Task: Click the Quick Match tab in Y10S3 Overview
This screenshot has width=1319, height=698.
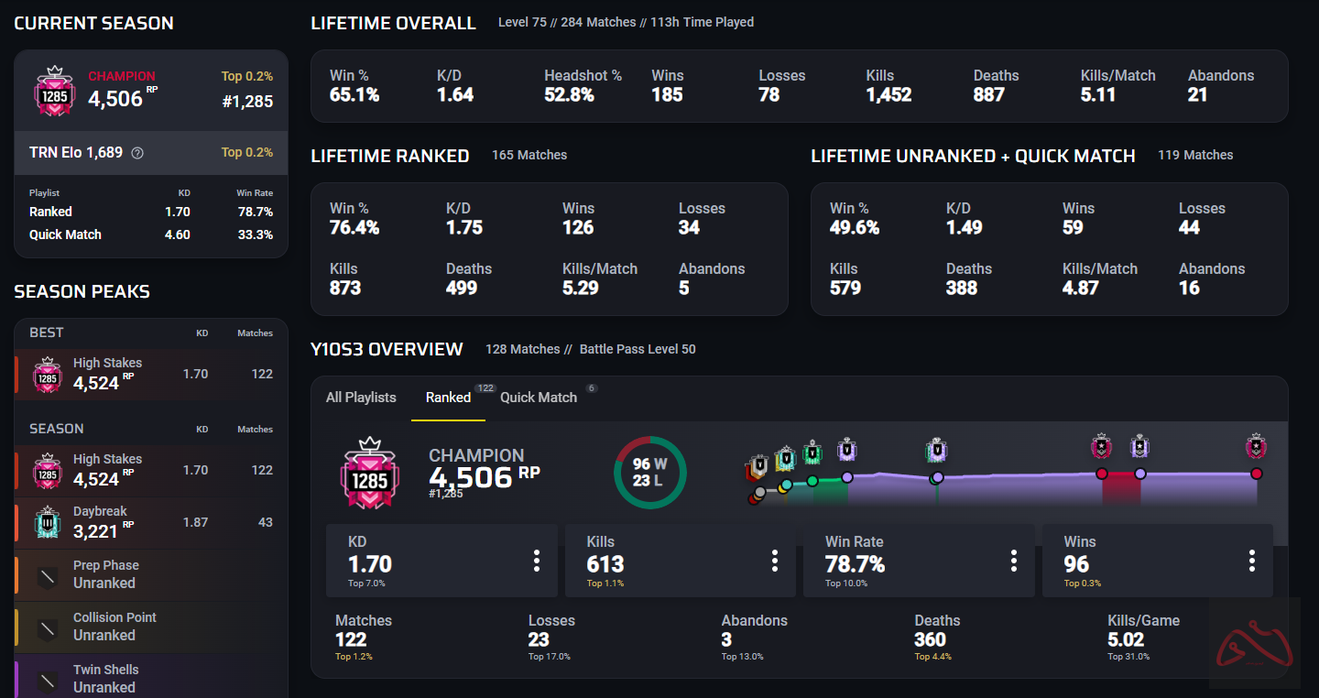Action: click(539, 398)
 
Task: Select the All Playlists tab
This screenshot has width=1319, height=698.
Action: click(361, 398)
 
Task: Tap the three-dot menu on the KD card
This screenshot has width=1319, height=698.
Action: click(537, 561)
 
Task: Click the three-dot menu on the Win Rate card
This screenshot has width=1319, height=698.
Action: click(1014, 561)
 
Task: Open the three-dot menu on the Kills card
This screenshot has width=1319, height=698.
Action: click(775, 561)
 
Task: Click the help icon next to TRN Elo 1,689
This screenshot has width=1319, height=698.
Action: click(137, 153)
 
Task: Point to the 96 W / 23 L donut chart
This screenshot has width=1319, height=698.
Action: click(649, 472)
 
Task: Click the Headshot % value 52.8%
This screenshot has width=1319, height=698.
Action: click(569, 94)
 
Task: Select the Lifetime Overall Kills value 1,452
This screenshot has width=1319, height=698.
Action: click(888, 94)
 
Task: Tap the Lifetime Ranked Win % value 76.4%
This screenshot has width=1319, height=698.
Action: click(354, 227)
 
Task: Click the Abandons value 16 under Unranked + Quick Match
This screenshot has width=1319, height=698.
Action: click(1189, 288)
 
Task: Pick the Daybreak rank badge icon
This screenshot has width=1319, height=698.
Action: click(48, 522)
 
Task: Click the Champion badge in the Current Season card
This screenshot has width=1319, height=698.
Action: click(53, 91)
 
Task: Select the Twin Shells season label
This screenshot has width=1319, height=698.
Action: click(105, 670)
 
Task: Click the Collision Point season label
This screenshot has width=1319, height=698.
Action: click(114, 617)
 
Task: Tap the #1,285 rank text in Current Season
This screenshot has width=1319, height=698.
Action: click(247, 102)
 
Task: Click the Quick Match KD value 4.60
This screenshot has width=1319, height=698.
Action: click(177, 234)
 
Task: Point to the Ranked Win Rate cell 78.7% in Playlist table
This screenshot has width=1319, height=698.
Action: click(254, 212)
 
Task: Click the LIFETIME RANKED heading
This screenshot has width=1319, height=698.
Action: click(389, 156)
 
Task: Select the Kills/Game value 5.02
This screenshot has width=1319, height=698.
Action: click(1126, 639)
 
